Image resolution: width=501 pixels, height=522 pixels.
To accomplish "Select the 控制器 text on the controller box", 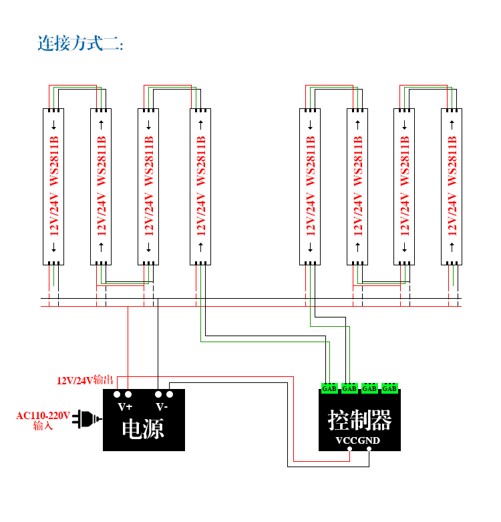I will coord(359,420).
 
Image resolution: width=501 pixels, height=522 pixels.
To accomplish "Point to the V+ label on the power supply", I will coord(125,407).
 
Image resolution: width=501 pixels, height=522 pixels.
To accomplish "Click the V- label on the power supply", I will coord(162,407).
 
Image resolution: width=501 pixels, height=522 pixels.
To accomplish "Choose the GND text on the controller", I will coord(369,440).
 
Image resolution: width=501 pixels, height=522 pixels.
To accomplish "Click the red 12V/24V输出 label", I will coord(85,380).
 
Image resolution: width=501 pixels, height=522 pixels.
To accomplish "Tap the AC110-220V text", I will coord(43,416).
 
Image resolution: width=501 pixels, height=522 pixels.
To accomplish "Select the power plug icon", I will coord(87,419).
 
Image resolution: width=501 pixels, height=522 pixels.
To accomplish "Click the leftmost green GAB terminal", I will coord(329,388).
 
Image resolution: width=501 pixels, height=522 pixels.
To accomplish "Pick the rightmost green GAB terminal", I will coord(389,388).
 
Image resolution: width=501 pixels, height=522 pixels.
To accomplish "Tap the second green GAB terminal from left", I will coord(349,388).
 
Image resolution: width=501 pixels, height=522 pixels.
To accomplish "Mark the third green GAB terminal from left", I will coord(369,388).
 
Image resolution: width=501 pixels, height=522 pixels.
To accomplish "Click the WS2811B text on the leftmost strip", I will coord(54,160).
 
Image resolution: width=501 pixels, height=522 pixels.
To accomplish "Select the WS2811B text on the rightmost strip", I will coord(452,160).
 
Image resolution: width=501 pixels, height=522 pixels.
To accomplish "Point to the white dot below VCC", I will coord(349,448).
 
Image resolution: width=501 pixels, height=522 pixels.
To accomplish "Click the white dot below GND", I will coord(369,448).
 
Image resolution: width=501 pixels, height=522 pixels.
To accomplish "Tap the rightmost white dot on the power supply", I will coord(170,394).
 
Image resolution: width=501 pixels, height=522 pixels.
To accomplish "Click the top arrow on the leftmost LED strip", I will coord(53,124).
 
